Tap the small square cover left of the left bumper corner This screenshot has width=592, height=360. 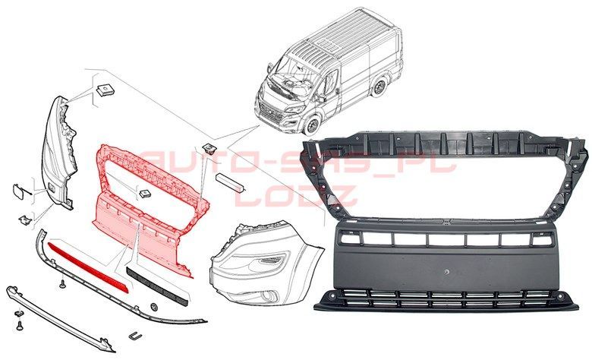click(x=18, y=191)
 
